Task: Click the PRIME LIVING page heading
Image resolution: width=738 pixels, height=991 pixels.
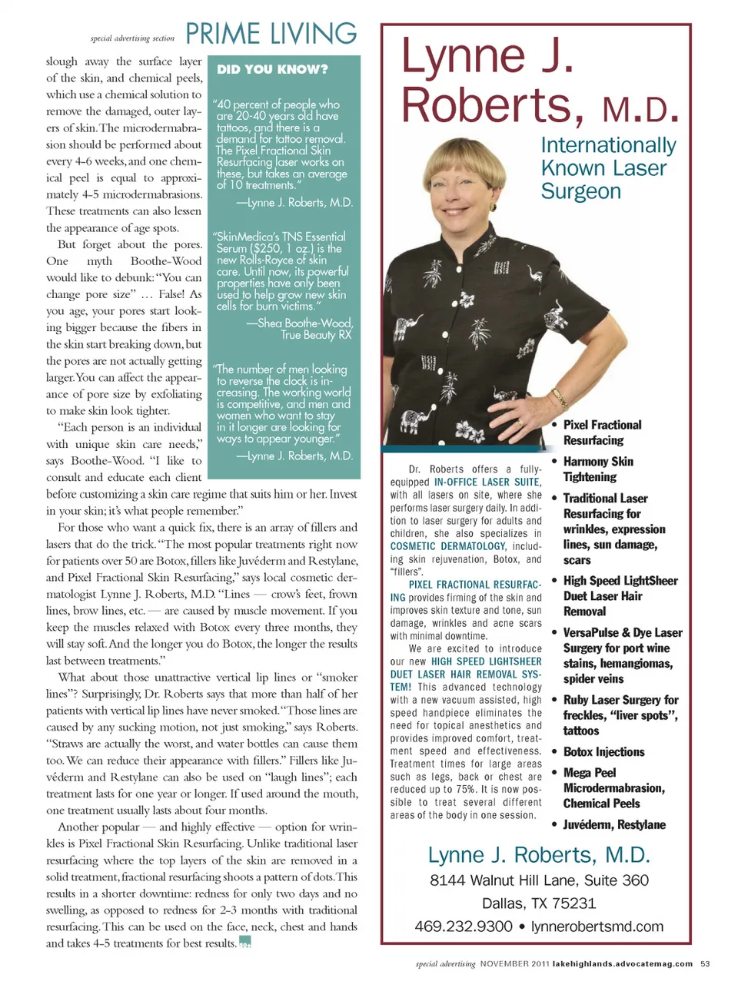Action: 271,34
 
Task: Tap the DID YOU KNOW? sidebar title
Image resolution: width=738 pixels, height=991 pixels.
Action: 272,69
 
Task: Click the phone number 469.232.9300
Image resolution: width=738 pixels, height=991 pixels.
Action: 463,926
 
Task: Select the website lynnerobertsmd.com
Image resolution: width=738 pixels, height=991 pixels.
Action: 597,926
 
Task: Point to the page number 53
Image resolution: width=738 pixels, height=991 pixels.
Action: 705,963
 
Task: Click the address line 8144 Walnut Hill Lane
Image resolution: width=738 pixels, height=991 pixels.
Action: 539,880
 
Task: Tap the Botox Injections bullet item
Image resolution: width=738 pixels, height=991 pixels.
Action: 603,752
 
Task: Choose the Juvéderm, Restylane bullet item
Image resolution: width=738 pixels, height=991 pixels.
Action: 614,824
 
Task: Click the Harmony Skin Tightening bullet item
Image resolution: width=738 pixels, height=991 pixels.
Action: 598,469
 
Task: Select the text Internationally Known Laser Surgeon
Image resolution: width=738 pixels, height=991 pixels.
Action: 607,167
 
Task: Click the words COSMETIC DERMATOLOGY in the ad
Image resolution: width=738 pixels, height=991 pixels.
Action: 447,546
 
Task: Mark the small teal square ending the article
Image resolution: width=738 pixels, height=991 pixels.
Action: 245,942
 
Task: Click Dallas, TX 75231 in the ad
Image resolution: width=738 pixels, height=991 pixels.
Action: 539,903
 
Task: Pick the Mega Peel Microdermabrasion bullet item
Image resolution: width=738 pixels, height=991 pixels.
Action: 613,788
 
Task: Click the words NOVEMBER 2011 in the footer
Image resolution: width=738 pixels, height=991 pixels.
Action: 514,963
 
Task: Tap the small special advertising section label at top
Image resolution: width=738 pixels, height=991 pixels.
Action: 132,38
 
